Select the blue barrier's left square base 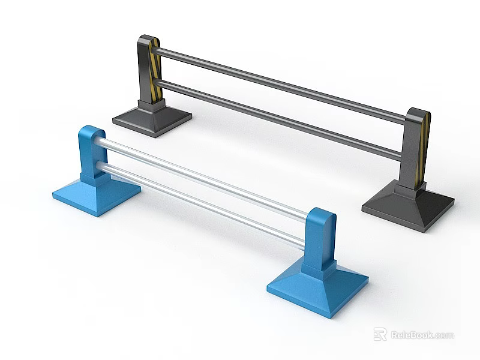pyautogui.click(x=96, y=194)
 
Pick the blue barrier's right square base pyautogui.click(x=317, y=287)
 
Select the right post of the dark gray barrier pyautogui.click(x=413, y=150)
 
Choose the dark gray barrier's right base pyautogui.click(x=407, y=206)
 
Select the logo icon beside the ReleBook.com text pyautogui.click(x=380, y=334)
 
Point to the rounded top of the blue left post pyautogui.click(x=91, y=130)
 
